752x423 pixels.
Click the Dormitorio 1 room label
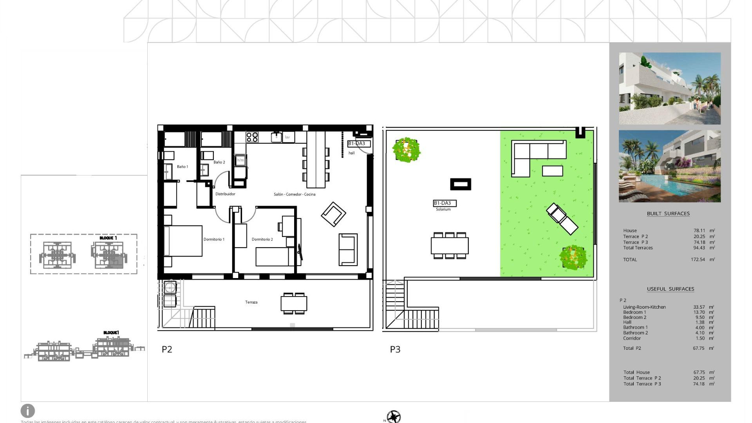214,239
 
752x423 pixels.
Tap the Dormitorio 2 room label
262,239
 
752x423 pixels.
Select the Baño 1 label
183,167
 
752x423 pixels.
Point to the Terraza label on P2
251,302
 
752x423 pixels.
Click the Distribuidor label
225,194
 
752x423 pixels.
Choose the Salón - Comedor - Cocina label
295,194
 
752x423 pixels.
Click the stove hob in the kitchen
252,137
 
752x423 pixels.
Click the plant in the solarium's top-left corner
407,150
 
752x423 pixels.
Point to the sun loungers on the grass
562,219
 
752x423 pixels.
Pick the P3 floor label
395,349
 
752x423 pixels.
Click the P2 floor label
167,349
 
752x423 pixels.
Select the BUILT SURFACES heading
668,213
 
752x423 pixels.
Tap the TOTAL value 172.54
698,260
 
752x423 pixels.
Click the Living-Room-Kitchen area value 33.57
699,307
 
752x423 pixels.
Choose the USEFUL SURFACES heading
671,289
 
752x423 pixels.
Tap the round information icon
28,411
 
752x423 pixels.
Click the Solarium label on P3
443,210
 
